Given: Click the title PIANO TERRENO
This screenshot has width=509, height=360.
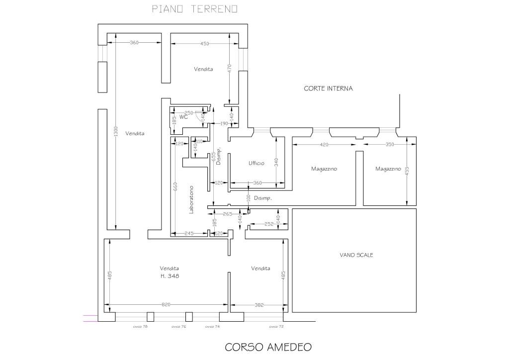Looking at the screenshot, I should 194,9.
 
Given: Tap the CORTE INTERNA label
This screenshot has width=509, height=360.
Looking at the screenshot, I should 328,89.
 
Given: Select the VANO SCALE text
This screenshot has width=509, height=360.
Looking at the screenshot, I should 356,255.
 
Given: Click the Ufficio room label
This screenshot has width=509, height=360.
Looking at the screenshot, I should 256,163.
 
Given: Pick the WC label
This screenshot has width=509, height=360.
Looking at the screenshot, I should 183,118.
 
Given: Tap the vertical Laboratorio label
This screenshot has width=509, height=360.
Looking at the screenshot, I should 191,200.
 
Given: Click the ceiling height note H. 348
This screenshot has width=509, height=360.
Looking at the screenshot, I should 170,276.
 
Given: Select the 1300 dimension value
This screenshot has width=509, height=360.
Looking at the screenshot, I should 116,132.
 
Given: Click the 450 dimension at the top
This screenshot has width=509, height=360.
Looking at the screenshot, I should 204,43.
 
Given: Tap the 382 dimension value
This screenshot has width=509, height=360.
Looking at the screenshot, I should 258,305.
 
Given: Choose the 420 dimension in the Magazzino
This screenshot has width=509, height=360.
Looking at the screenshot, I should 324,145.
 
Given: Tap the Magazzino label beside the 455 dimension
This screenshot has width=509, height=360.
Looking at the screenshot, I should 388,169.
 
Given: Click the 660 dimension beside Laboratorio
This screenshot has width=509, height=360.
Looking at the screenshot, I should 174,186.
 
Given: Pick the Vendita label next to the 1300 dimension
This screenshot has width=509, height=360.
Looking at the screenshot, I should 135,133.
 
